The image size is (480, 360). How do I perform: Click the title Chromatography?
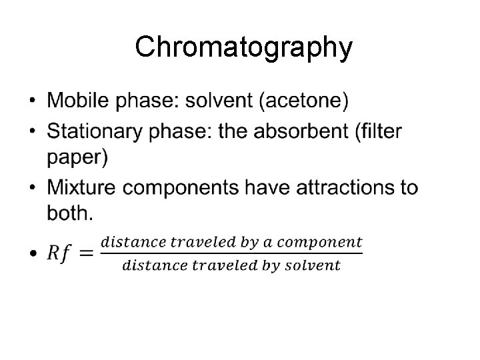(243, 48)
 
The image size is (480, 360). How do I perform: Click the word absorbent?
(299, 132)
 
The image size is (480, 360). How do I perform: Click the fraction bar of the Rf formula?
(231, 253)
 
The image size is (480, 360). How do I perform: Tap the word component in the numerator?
(327, 241)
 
